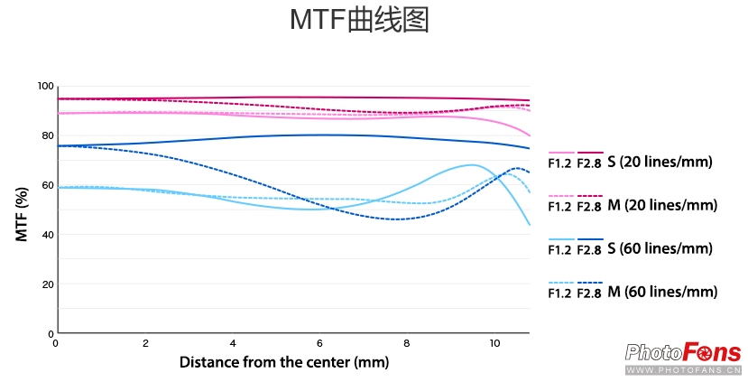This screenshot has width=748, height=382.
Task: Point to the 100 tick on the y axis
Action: pos(45,87)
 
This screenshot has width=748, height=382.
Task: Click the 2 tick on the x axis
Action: pos(145,344)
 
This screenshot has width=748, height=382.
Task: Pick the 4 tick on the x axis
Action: pos(233,344)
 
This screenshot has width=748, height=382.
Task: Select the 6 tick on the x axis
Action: pos(320,344)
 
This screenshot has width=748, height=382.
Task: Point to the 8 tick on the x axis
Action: pos(408,344)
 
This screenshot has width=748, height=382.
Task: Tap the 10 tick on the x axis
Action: pos(494,344)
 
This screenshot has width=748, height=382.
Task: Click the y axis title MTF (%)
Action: pos(22,211)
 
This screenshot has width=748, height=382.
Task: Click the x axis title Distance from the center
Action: pos(283,363)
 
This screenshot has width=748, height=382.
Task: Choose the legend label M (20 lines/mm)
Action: pos(661,205)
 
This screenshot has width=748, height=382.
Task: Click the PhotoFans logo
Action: pos(683,355)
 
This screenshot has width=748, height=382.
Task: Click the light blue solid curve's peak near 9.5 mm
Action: pos(473,165)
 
